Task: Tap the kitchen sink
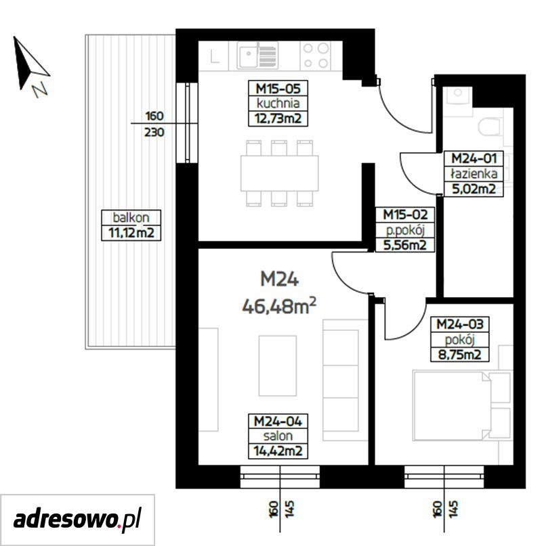point(257,55)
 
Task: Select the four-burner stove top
point(315,55)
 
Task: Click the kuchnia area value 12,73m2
point(278,119)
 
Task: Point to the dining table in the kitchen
point(279,173)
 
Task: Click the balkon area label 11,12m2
point(131,232)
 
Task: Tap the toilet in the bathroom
point(489,127)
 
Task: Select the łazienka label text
point(474,173)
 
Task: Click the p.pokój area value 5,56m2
point(404,245)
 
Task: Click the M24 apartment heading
point(279,279)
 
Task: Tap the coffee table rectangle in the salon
point(278,365)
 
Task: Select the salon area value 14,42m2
point(278,451)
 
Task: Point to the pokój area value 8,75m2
point(459,355)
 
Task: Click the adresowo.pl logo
point(77,520)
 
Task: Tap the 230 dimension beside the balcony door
point(154,133)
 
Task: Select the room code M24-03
point(460,324)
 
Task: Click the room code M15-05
point(278,89)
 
